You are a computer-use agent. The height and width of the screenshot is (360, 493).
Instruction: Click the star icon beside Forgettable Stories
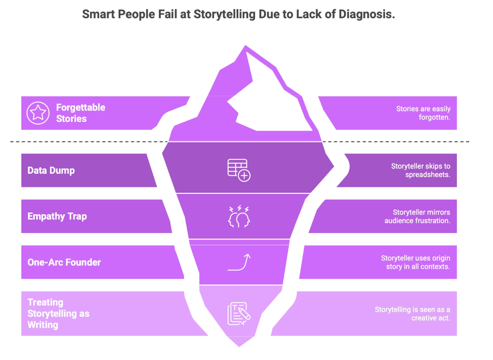click(x=38, y=113)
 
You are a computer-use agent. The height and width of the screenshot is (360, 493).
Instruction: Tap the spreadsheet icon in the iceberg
click(x=239, y=170)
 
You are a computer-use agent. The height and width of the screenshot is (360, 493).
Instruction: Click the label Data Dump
click(x=51, y=170)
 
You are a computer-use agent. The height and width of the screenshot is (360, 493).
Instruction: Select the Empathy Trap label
click(x=57, y=216)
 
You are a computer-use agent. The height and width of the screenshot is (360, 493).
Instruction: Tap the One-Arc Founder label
click(x=64, y=262)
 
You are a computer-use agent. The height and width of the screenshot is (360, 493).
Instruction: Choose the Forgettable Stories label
click(x=80, y=113)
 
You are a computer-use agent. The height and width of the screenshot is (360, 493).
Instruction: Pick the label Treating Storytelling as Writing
click(x=58, y=313)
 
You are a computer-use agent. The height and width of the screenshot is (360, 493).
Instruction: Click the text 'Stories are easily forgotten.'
click(x=423, y=113)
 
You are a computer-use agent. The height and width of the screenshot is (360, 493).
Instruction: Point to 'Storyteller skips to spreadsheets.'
click(x=421, y=170)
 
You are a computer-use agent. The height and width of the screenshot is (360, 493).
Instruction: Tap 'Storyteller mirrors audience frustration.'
click(x=418, y=216)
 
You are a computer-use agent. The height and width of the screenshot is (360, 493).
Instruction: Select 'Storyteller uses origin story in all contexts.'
click(x=416, y=262)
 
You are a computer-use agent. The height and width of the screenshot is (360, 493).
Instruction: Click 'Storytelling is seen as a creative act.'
click(x=413, y=313)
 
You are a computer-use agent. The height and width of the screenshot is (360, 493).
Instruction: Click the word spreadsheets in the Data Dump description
click(x=428, y=175)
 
